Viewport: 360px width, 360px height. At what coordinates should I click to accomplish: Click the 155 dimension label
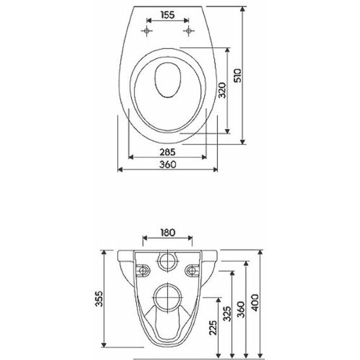coord(167,15)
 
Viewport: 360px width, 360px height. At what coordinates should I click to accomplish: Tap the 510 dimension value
coord(237,75)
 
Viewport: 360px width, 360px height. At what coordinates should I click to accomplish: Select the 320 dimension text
coord(222,90)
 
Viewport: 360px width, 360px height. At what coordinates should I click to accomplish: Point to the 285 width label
coord(167,152)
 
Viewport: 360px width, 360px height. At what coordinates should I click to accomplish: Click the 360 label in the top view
coord(168,164)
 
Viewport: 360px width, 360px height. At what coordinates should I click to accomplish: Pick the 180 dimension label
coord(167,232)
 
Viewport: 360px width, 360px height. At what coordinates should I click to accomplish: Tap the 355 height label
coord(99,299)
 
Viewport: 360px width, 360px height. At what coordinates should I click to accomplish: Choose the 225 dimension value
coord(213,328)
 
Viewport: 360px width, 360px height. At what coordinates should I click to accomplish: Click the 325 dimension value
coord(227,314)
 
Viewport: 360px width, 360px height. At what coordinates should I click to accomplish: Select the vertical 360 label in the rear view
coord(241,309)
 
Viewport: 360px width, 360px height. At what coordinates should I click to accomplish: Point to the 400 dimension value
coord(255,303)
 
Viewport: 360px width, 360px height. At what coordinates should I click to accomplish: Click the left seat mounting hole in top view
coord(147,30)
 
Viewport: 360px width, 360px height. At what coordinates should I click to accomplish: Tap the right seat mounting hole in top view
coord(189,30)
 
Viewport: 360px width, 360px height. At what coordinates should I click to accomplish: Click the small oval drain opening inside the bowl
coord(167,80)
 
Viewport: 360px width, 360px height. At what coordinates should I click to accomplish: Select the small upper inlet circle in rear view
coord(168,261)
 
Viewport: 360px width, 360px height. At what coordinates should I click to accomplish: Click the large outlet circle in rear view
coord(168,297)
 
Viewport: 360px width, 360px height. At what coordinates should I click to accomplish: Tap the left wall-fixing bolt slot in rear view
coord(143,271)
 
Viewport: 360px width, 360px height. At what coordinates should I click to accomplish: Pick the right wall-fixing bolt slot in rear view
coord(193,271)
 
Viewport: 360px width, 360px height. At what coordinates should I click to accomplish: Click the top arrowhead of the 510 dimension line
coord(243,9)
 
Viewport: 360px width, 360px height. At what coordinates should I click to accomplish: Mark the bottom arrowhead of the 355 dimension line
coord(104,345)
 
